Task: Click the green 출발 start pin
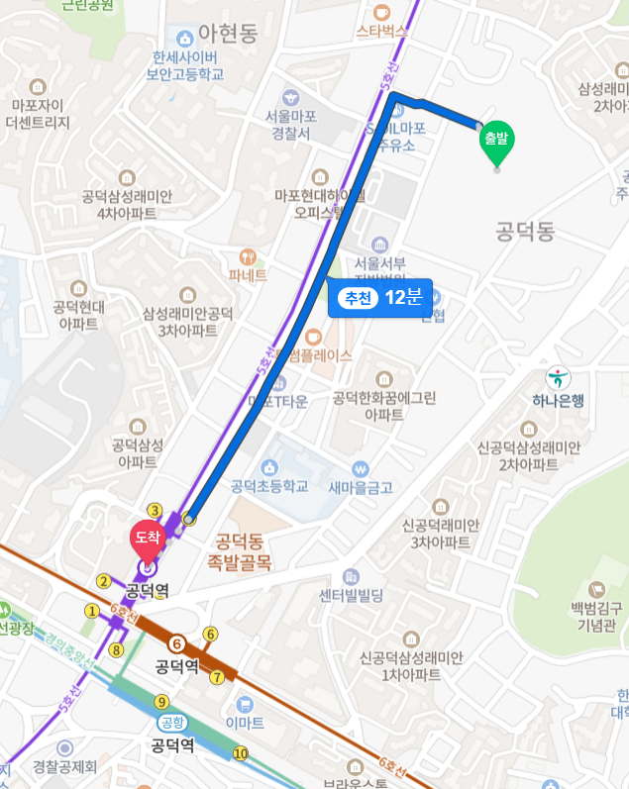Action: click(496, 142)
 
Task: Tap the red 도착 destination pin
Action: click(148, 538)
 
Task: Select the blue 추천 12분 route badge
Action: click(380, 297)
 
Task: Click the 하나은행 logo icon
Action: click(558, 377)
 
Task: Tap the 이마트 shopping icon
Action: click(245, 703)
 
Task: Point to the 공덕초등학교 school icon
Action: click(268, 466)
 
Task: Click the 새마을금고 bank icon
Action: click(361, 467)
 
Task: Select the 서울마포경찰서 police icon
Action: click(289, 97)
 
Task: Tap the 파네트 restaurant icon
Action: click(248, 255)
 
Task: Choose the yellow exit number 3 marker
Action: click(155, 510)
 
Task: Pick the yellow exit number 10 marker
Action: click(240, 754)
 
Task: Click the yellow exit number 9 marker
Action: click(161, 702)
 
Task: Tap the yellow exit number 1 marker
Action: click(92, 611)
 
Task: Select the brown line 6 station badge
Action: click(177, 643)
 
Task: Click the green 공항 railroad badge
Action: click(172, 723)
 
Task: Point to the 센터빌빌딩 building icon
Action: click(351, 576)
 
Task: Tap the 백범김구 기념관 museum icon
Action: click(594, 590)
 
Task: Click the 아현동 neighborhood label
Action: click(228, 34)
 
